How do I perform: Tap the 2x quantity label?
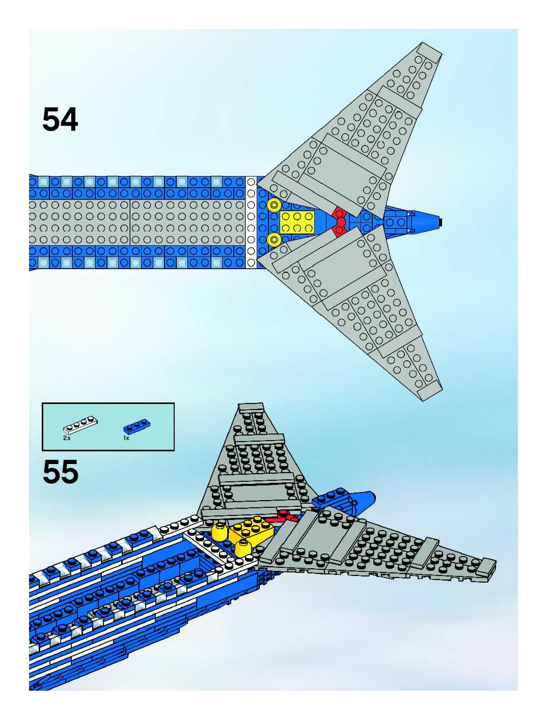[67, 438]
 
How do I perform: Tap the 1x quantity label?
[126, 438]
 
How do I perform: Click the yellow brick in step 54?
[297, 222]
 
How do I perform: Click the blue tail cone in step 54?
[425, 222]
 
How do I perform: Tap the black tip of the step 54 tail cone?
[441, 222]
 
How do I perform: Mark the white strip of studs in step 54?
[251, 222]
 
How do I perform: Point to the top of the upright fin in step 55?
[251, 407]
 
